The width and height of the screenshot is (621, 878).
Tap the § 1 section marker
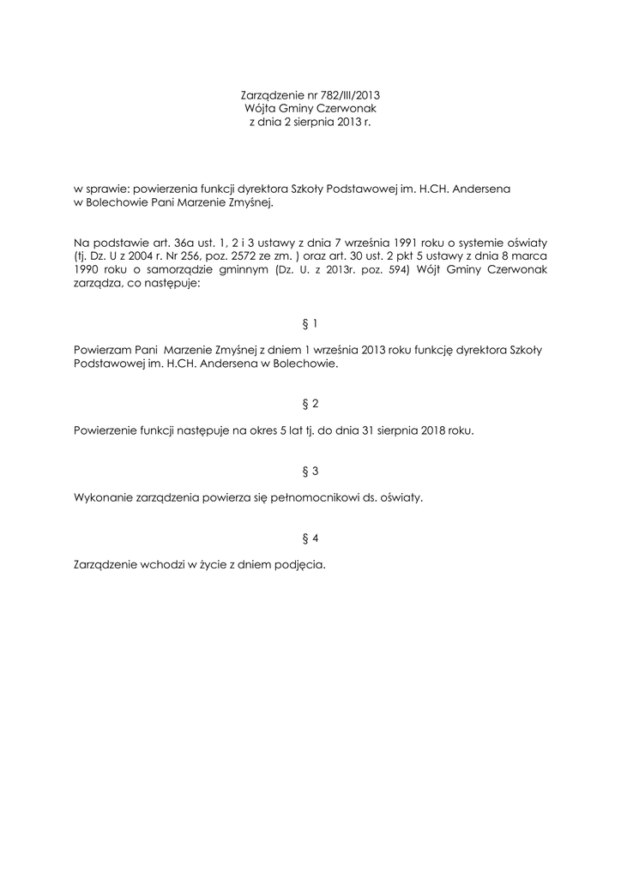coord(310,324)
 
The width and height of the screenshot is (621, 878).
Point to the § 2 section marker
coord(310,403)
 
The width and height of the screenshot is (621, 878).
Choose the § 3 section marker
coord(310,471)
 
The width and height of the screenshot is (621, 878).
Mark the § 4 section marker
coord(310,538)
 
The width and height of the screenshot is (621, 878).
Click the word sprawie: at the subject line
coord(112,187)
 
